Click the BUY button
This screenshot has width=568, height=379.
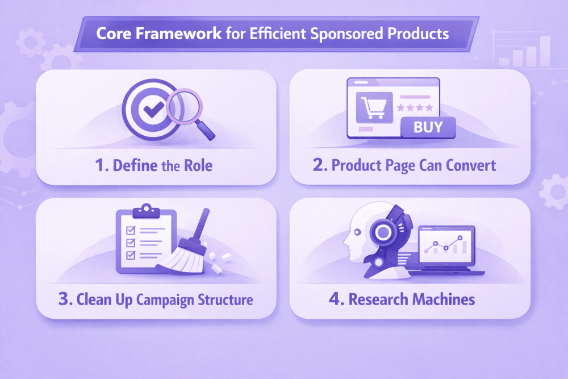click(428, 127)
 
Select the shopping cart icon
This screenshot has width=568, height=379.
click(374, 107)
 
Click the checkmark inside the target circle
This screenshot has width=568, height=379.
click(153, 109)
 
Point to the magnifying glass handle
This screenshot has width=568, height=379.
click(205, 130)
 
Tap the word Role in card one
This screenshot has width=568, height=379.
click(198, 165)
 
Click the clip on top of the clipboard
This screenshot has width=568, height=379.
click(147, 210)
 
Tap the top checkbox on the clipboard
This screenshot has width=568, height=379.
click(131, 230)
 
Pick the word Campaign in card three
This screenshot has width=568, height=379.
click(165, 301)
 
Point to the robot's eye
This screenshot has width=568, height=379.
click(357, 232)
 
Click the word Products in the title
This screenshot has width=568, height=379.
click(418, 34)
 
